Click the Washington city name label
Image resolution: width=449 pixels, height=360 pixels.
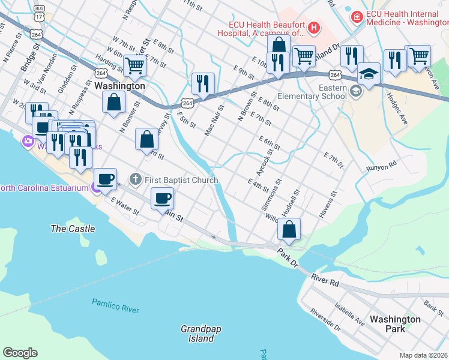tap(120, 86)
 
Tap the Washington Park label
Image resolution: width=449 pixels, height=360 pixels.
tap(395, 324)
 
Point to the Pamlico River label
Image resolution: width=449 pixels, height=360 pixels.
tap(115, 305)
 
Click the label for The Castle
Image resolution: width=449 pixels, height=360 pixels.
tap(73, 229)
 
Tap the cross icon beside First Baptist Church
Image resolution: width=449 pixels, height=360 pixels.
tap(136, 179)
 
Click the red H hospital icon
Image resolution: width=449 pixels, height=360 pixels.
tap(313, 27)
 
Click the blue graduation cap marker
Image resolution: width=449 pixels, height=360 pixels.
tap(369, 74)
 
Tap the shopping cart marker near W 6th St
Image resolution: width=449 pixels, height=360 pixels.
tap(135, 65)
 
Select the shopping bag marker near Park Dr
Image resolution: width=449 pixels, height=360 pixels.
tap(289, 229)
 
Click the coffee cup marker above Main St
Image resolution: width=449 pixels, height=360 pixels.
tap(162, 197)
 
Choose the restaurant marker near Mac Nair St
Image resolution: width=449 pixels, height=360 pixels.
tap(202, 83)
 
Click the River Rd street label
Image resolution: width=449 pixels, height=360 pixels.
tap(326, 279)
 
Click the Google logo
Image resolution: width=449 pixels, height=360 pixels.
tap(20, 353)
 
